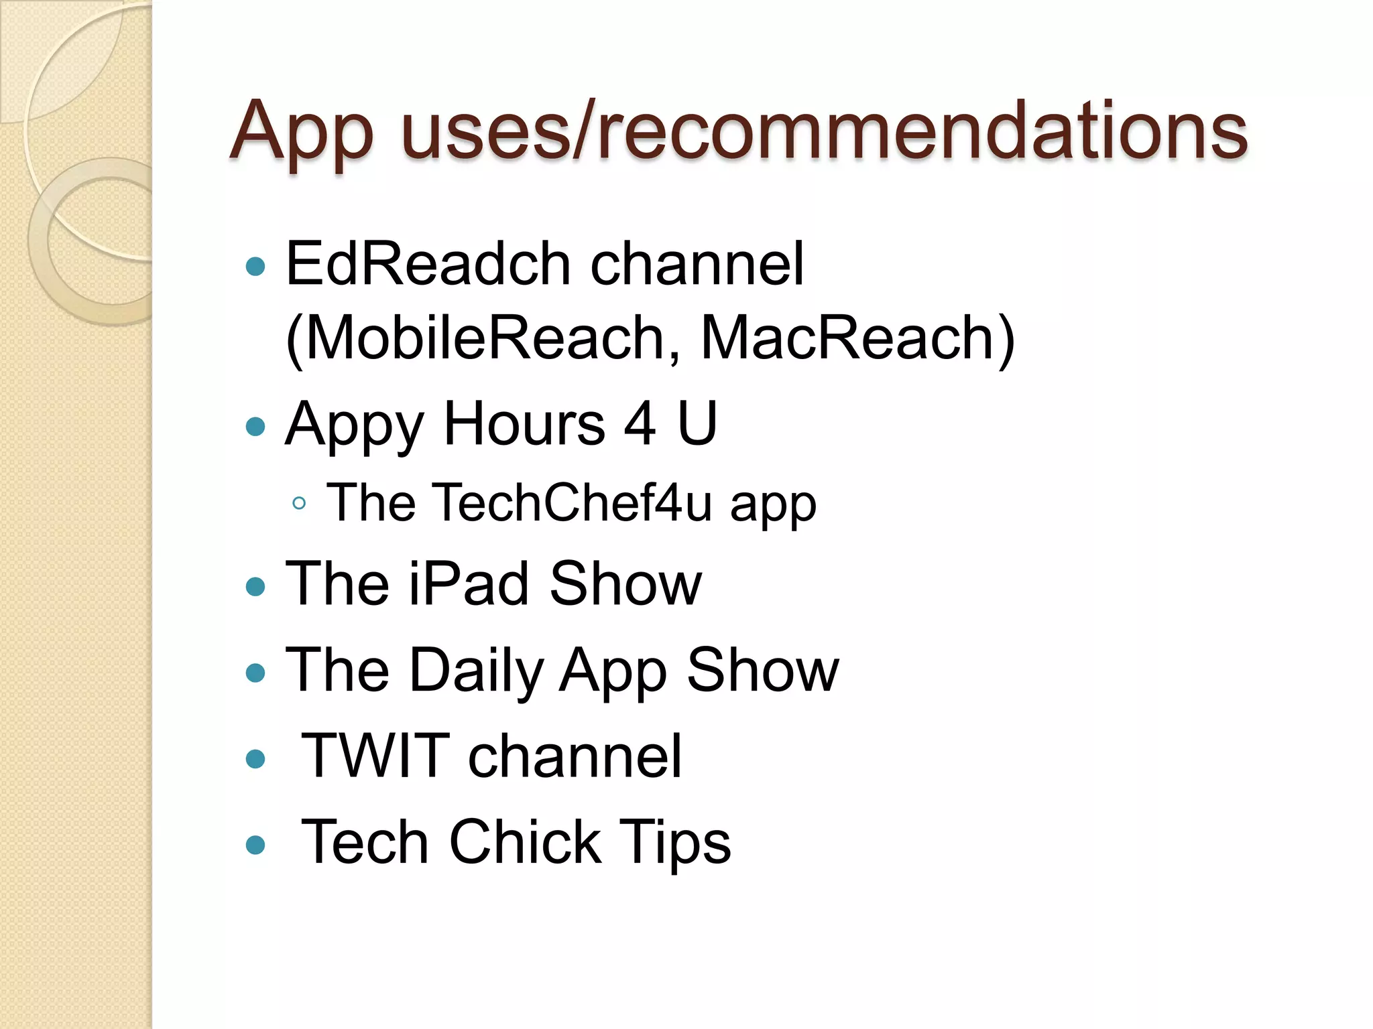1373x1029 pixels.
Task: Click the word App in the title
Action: coord(301,131)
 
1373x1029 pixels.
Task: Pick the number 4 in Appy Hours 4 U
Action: coord(640,423)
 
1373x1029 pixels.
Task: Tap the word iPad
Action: coord(469,584)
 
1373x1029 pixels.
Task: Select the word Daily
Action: coord(477,671)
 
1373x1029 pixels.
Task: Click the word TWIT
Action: coord(376,756)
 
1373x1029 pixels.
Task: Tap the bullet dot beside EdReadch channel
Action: coord(255,267)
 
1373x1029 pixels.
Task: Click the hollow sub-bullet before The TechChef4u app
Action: coord(299,503)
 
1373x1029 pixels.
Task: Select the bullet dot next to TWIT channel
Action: coord(255,759)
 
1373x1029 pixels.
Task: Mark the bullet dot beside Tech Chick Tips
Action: coord(255,845)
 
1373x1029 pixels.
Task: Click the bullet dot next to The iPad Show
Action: coord(255,587)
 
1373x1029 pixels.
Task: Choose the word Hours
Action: coord(524,423)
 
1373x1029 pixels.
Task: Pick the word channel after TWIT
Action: coord(575,756)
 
